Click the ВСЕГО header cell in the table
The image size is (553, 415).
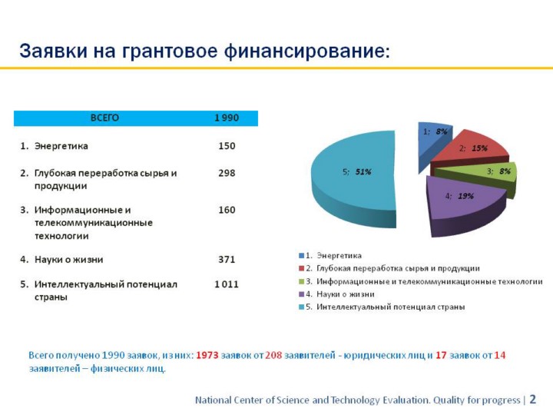tap(104, 118)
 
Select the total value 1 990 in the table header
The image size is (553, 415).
tap(226, 118)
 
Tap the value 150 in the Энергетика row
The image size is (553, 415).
tap(227, 145)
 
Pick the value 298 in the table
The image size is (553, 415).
tap(227, 173)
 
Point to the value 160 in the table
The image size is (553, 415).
tap(227, 209)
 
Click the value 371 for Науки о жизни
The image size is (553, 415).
tap(227, 259)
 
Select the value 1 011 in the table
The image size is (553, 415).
tap(227, 284)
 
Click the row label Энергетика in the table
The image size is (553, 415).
tap(61, 145)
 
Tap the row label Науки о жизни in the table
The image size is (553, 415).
tap(68, 259)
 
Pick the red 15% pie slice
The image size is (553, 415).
tap(469, 146)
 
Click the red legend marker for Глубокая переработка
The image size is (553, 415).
tap(301, 268)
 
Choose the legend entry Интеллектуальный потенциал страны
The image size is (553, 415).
tap(384, 307)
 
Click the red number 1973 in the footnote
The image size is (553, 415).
tap(207, 355)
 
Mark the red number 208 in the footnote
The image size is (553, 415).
tap(273, 355)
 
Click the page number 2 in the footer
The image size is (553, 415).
tap(533, 400)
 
